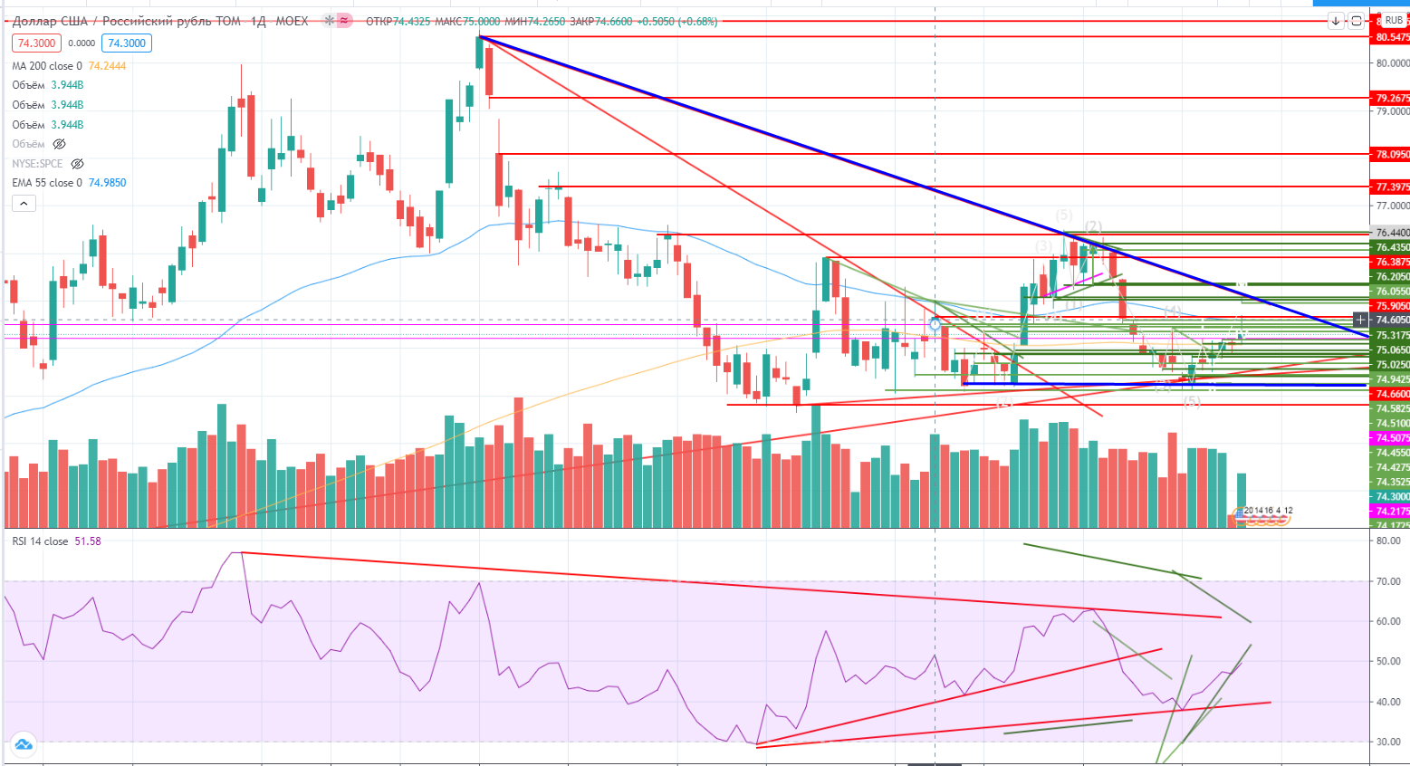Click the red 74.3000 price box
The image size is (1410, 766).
pos(36,43)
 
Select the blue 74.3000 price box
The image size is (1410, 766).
pos(127,43)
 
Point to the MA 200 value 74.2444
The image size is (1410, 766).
pos(107,66)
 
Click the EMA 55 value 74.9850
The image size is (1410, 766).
pos(107,183)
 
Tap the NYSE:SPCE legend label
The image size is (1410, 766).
pos(37,164)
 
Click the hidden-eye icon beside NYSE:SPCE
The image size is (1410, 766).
pos(78,164)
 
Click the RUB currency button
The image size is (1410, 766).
pos(1394,20)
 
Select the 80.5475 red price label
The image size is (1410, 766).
pos(1392,37)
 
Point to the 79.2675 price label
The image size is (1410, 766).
pos(1392,98)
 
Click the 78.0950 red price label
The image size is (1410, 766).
pos(1392,155)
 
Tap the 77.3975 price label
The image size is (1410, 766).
pos(1392,187)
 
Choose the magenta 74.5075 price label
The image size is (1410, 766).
pos(1392,438)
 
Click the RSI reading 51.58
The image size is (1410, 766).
pos(88,541)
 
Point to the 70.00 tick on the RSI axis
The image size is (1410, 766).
pos(1387,581)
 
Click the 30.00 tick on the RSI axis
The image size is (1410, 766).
pos(1387,742)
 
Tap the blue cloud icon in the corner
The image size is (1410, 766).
pos(24,744)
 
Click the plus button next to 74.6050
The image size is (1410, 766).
pos(1360,320)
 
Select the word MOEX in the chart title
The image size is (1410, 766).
pos(292,21)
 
